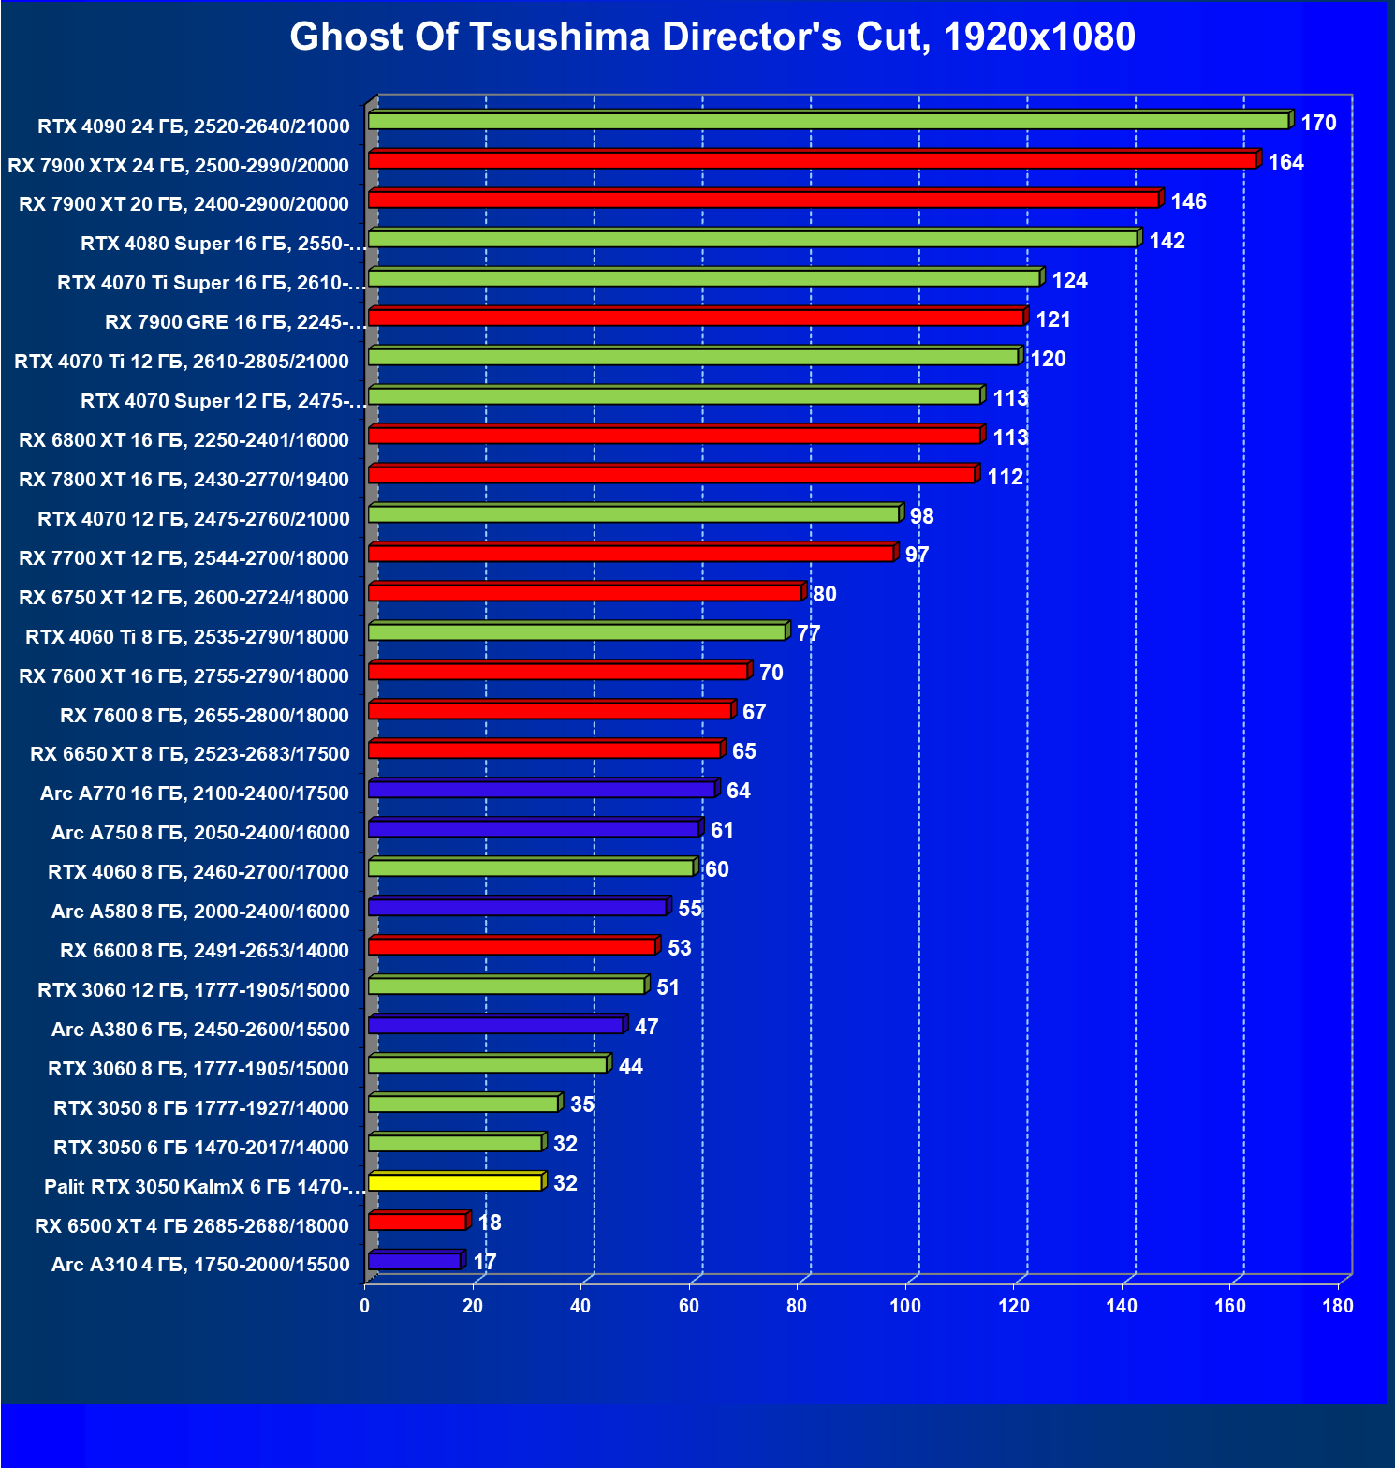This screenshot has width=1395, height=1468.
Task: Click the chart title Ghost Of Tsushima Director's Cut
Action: [x=712, y=37]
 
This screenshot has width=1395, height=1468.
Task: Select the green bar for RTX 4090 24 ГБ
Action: [x=828, y=122]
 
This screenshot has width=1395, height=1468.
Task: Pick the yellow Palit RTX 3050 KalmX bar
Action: [x=455, y=1182]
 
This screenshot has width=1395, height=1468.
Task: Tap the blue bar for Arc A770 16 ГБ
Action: [x=541, y=791]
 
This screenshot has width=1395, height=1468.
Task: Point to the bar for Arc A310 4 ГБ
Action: [x=414, y=1262]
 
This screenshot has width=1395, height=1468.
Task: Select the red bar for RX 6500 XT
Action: [x=417, y=1222]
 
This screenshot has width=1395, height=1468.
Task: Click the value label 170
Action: [x=1318, y=123]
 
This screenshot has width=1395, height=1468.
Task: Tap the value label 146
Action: [x=1188, y=201]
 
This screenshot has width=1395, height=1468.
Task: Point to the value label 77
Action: [x=808, y=634]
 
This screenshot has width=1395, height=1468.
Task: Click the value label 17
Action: [x=485, y=1262]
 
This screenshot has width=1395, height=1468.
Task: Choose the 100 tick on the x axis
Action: [x=905, y=1306]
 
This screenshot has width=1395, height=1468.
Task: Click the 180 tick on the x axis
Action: [x=1338, y=1306]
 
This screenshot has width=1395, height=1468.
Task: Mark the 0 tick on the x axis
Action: [x=365, y=1306]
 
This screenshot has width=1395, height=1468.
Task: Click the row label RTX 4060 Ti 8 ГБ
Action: [x=187, y=637]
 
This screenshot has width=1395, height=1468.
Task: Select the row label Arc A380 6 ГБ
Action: [x=200, y=1030]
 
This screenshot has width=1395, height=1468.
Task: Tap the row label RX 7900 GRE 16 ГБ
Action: [x=234, y=322]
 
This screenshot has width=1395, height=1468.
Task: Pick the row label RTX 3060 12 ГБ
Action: [x=194, y=990]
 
